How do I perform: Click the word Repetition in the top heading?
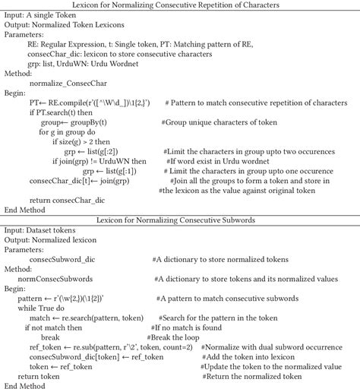pyautogui.click(x=226, y=7)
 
